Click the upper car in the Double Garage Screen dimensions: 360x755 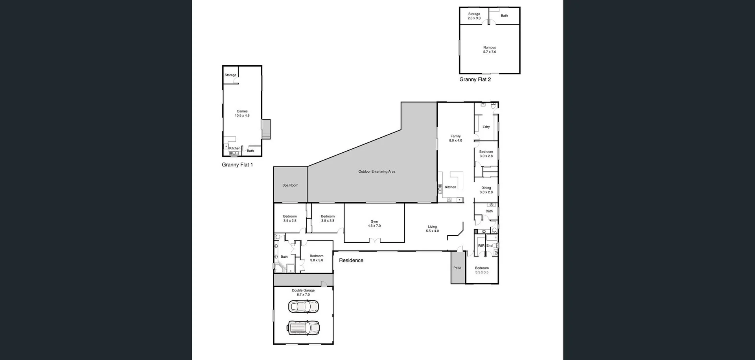pyautogui.click(x=303, y=306)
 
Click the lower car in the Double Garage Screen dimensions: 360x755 pyautogui.click(x=303, y=327)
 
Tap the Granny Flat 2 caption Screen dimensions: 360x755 pyautogui.click(x=475, y=79)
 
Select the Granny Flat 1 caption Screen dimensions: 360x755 pyautogui.click(x=237, y=165)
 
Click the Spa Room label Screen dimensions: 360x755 pyautogui.click(x=290, y=185)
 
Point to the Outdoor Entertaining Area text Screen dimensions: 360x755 pyautogui.click(x=377, y=172)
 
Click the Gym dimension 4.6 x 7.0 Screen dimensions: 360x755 pyautogui.click(x=374, y=226)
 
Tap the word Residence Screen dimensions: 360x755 pyautogui.click(x=351, y=260)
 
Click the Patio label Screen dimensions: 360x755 pyautogui.click(x=457, y=268)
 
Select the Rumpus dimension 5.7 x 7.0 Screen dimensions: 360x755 pyautogui.click(x=490, y=52)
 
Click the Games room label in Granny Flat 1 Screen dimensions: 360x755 pyautogui.click(x=242, y=111)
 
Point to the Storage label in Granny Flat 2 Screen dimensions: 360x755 pyautogui.click(x=474, y=14)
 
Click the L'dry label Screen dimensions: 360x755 pyautogui.click(x=486, y=127)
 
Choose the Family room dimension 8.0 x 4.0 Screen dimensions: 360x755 pyautogui.click(x=455, y=140)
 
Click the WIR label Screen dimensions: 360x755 pyautogui.click(x=481, y=246)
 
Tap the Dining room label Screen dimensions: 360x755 pyautogui.click(x=486, y=188)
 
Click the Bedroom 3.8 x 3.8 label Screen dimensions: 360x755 pyautogui.click(x=316, y=256)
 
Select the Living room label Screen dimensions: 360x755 pyautogui.click(x=432, y=227)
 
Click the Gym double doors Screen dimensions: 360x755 pyautogui.click(x=374, y=240)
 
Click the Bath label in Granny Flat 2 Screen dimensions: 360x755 pyautogui.click(x=504, y=16)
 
